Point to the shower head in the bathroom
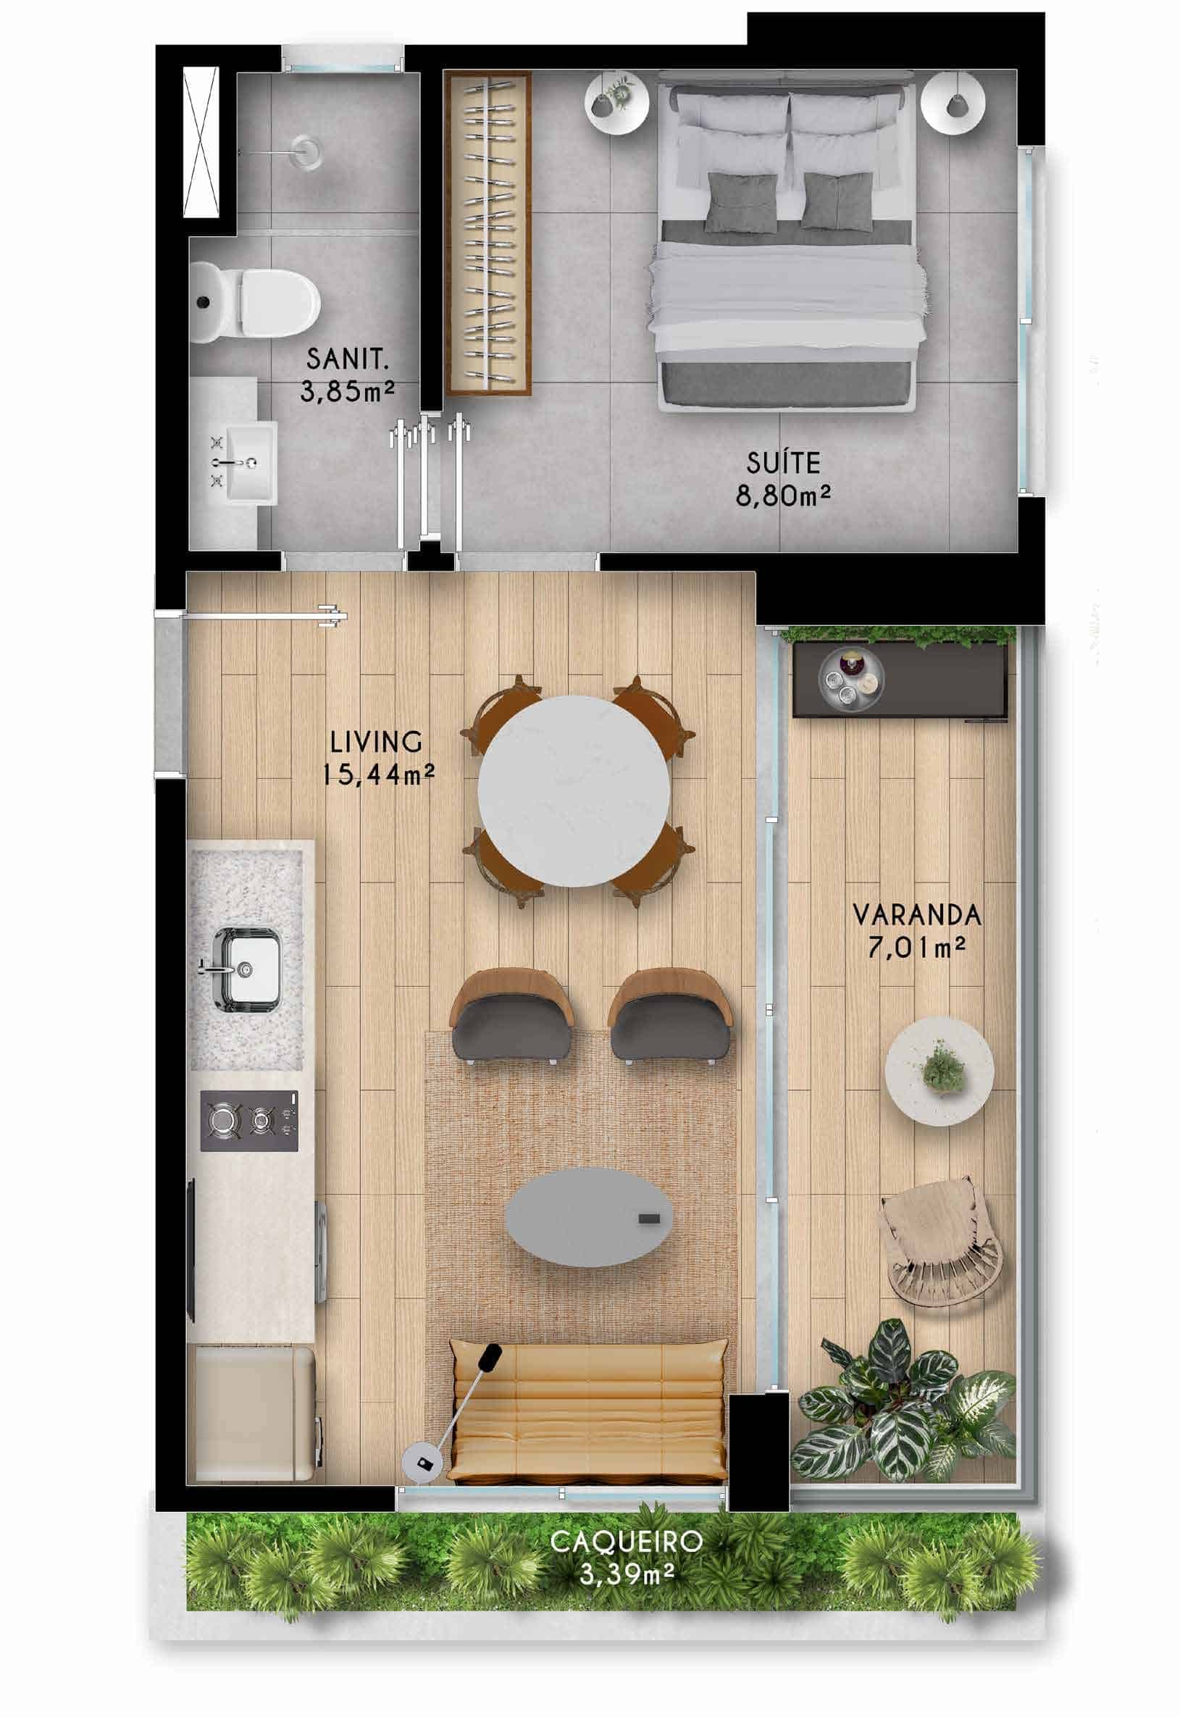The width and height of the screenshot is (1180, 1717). click(306, 151)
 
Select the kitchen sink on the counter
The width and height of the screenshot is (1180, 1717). click(247, 969)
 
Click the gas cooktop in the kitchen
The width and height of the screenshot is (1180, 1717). click(250, 1121)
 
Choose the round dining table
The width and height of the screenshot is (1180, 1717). click(574, 790)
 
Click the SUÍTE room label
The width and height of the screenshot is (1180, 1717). click(783, 464)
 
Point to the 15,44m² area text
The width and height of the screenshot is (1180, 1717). click(378, 775)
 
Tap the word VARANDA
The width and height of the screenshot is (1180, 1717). click(917, 916)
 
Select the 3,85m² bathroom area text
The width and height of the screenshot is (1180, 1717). click(348, 390)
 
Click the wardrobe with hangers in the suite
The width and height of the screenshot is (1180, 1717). click(488, 234)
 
